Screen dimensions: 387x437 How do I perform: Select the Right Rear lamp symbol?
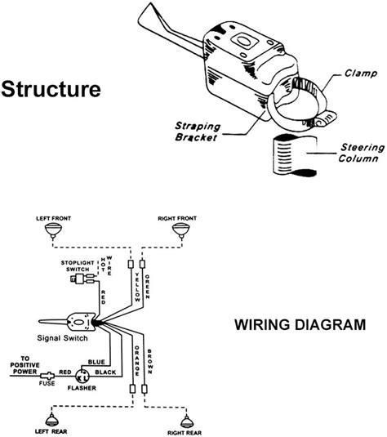click(x=185, y=421)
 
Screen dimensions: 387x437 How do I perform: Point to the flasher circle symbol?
click(x=82, y=377)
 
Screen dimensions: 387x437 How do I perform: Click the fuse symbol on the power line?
click(x=47, y=376)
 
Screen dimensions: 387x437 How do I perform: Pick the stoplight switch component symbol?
click(x=82, y=279)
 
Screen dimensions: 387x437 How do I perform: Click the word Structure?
click(x=51, y=89)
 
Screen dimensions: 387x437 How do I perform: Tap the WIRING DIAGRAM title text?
click(x=300, y=324)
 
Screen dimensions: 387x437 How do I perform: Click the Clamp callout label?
click(x=361, y=74)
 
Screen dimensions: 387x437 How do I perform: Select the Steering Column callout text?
click(x=362, y=153)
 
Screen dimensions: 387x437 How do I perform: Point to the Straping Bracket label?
click(x=198, y=132)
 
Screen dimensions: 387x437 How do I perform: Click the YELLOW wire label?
click(x=137, y=288)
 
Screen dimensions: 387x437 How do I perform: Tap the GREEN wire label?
click(x=148, y=287)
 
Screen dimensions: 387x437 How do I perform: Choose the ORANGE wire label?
click(x=137, y=361)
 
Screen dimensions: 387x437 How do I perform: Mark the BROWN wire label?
click(x=149, y=362)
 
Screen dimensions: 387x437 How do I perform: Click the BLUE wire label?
click(x=96, y=362)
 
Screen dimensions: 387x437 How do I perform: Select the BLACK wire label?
click(x=105, y=372)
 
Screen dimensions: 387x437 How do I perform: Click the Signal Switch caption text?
click(x=62, y=338)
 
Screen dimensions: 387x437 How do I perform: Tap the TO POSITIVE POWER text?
click(x=24, y=365)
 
